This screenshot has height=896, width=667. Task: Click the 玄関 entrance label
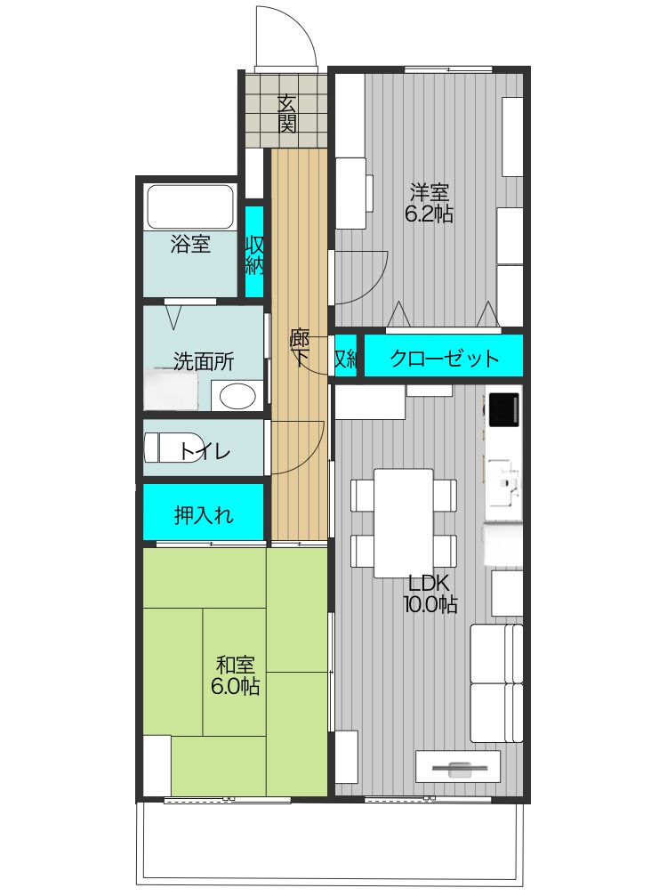[x=286, y=114]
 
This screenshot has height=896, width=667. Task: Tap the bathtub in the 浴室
[x=189, y=206]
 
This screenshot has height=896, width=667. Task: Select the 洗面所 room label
[x=204, y=361]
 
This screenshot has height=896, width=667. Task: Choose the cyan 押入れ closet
[x=204, y=513]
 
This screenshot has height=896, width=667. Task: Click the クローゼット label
[x=444, y=359]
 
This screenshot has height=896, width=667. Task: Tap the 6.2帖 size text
[x=430, y=214]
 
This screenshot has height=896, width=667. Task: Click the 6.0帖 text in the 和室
[x=235, y=686]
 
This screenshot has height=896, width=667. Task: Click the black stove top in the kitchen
[x=503, y=408]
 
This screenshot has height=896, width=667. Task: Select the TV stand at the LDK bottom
[x=458, y=767]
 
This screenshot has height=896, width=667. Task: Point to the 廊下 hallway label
[x=300, y=348]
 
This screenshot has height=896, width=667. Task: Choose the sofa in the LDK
[x=496, y=683]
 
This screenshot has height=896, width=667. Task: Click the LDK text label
[x=430, y=584]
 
